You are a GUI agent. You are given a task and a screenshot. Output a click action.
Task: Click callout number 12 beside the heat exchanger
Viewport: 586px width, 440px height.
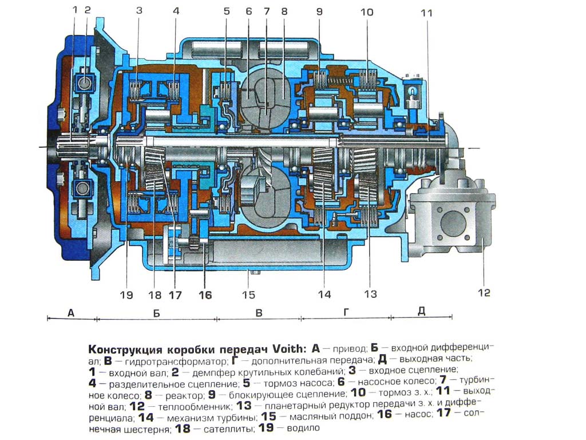coord(484,292)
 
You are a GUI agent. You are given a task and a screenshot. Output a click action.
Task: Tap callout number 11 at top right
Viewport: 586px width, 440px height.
coord(426,13)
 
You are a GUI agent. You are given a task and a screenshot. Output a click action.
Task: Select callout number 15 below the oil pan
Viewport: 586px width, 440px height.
coord(248,294)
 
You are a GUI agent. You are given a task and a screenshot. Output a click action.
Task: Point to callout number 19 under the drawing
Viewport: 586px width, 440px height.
coord(126,295)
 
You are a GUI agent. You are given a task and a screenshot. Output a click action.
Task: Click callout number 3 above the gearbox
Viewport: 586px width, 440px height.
coord(140,10)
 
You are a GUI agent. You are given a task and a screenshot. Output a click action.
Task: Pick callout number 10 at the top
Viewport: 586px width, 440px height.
coord(367,12)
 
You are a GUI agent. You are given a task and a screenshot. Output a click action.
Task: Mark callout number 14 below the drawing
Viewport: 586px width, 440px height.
coord(324,294)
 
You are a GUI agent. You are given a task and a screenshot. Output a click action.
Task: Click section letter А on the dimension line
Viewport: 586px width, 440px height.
coord(71,312)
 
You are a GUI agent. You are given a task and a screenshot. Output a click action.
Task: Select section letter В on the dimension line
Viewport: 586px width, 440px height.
coord(259,312)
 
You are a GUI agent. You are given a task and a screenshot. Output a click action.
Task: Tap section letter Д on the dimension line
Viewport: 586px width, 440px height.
coord(422,311)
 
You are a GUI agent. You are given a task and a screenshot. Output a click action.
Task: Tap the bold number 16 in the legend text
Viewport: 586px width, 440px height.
coord(385,414)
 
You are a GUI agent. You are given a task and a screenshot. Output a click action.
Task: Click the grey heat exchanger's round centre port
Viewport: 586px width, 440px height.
coord(453,223)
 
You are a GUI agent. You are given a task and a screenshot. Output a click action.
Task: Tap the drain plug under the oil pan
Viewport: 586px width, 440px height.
coord(255,272)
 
